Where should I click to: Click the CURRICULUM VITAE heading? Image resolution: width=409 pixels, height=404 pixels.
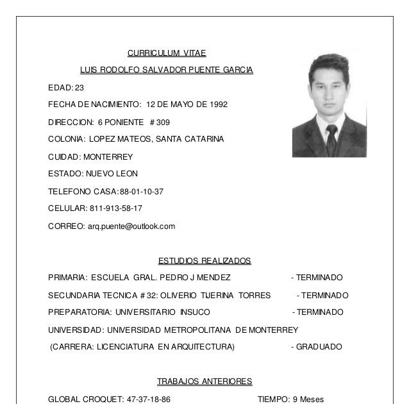tap(166, 53)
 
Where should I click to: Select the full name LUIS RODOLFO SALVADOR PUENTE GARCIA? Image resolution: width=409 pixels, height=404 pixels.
tap(166, 70)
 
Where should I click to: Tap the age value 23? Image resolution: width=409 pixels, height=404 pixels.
tap(79, 87)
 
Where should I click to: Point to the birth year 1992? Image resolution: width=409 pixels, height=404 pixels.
tap(217, 105)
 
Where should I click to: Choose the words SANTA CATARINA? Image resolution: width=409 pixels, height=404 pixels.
tap(192, 139)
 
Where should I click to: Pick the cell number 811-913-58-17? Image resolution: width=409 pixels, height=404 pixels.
tap(114, 208)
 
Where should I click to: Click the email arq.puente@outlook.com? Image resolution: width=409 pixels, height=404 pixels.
tap(131, 226)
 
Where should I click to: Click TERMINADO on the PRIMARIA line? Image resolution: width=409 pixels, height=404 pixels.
tap(319, 278)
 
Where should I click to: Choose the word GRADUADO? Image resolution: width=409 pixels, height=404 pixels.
tap(319, 347)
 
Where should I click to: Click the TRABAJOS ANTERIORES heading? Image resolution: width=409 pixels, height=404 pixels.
tap(204, 382)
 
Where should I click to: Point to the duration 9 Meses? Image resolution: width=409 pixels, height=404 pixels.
tap(307, 399)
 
